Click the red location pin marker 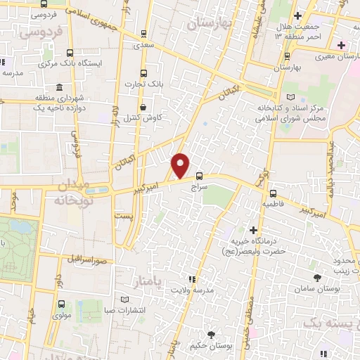(181, 165)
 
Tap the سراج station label (200, 188)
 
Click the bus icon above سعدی (144, 33)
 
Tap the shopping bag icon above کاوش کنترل (144, 107)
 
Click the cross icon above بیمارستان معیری (341, 46)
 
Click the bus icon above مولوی (62, 304)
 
